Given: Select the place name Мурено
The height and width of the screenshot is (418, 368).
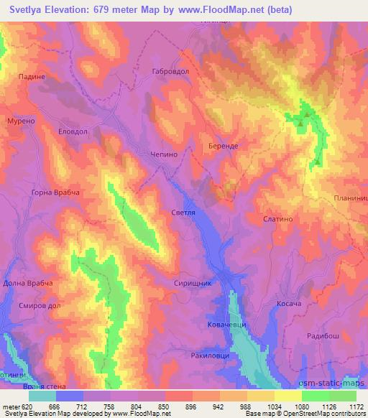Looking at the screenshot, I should [x=22, y=121].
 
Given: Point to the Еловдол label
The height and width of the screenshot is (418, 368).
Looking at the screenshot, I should [x=73, y=131].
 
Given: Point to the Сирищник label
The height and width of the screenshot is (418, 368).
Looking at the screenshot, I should [x=193, y=284].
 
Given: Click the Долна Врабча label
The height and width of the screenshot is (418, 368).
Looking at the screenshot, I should [x=29, y=284].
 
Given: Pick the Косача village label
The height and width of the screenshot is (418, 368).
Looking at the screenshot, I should [x=292, y=304].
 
